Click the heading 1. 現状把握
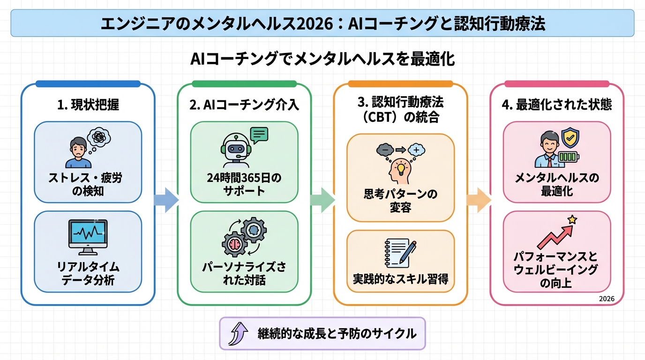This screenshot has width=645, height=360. [x=88, y=105]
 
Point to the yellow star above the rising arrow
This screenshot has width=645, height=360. [x=572, y=219]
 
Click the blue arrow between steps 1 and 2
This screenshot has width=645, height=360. [x=166, y=200]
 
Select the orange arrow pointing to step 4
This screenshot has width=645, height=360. [x=478, y=200]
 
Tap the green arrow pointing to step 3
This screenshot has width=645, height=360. [x=322, y=200]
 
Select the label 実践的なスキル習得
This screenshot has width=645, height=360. [x=400, y=279]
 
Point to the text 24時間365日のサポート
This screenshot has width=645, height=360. [x=244, y=185]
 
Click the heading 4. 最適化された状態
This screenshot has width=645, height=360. [x=556, y=105]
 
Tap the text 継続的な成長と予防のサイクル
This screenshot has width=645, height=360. [x=337, y=334]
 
